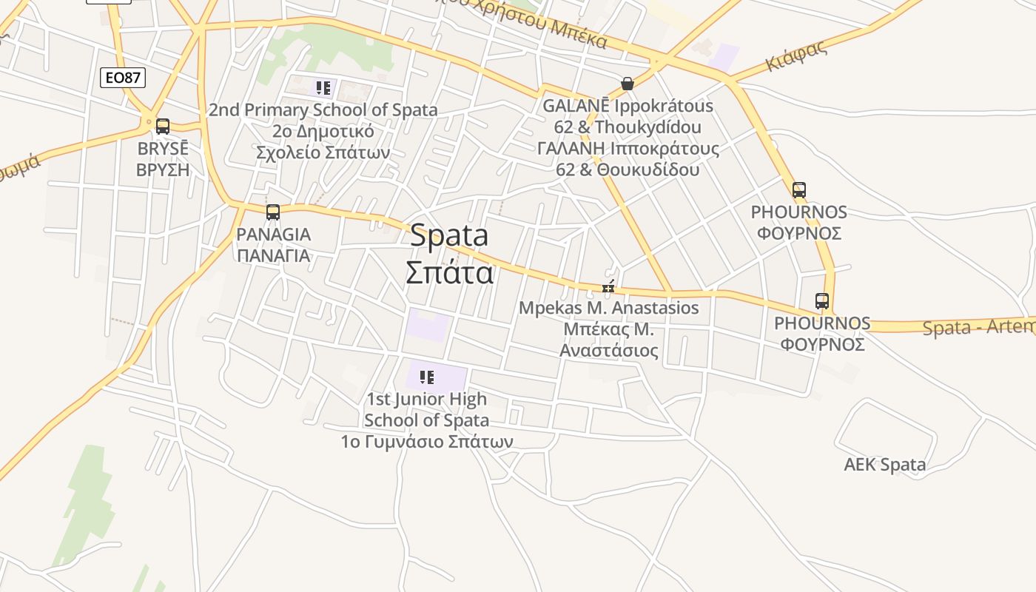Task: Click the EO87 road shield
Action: tap(123, 77)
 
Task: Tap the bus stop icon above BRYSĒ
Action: tap(163, 127)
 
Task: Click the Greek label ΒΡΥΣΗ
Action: tap(163, 169)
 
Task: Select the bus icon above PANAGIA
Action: tap(273, 212)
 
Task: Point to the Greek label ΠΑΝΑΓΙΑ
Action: tap(273, 256)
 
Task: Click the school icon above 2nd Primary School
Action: tap(323, 89)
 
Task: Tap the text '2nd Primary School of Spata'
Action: tap(323, 110)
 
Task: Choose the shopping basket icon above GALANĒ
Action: tap(628, 84)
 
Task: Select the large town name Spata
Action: tap(449, 235)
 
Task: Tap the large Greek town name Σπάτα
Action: tap(449, 272)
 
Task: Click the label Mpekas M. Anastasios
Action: tap(608, 308)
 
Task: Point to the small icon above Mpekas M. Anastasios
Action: tap(608, 288)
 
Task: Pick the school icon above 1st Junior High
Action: tap(426, 378)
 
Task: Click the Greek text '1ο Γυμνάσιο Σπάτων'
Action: tap(427, 442)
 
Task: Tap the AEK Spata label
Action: tap(885, 465)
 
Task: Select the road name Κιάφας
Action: tap(796, 56)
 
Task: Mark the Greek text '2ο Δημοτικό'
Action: tap(323, 132)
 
